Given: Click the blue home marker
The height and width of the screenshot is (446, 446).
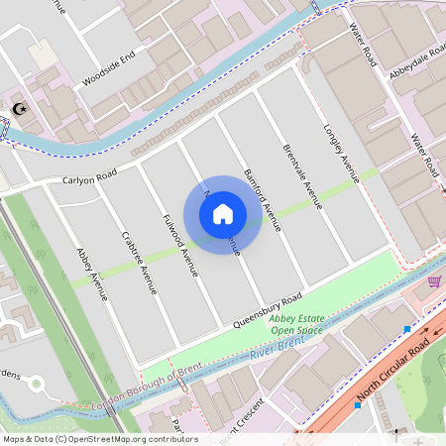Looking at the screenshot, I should click(x=223, y=213).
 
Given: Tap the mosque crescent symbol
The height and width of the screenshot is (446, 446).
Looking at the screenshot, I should click(x=17, y=109).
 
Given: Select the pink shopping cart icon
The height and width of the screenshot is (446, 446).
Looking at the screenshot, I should click(x=433, y=281).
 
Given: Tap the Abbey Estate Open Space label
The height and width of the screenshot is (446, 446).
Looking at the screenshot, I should click(x=296, y=325).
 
